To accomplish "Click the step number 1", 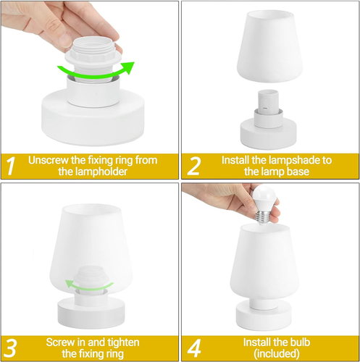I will [x=12, y=166].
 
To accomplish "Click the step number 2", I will [x=194, y=166].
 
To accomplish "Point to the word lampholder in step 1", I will [x=106, y=172].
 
